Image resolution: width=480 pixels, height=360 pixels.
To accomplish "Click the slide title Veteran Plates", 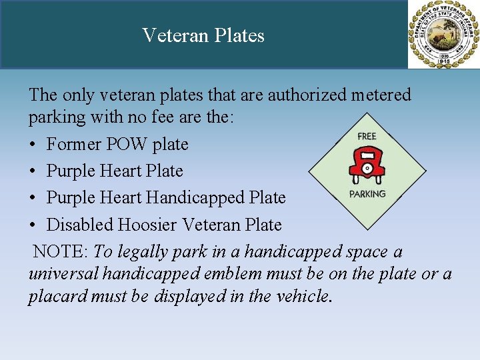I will (x=203, y=35).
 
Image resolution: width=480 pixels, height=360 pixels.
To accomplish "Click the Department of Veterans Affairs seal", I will (x=443, y=35).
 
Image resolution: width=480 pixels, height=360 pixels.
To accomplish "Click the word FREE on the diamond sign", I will (x=367, y=136).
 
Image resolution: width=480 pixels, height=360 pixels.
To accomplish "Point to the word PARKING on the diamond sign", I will (x=367, y=194).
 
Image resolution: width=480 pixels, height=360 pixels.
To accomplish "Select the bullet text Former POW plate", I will (x=117, y=144).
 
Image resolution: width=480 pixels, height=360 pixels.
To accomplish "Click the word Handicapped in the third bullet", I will (x=192, y=198).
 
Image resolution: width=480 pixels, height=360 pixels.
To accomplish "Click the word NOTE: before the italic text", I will (x=61, y=252).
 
